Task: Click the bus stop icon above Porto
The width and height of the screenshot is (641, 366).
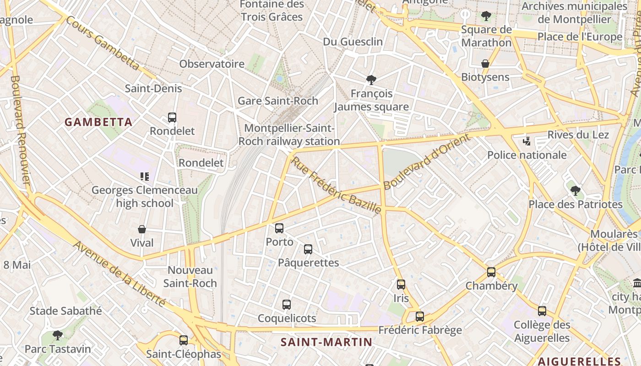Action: (x=279, y=228)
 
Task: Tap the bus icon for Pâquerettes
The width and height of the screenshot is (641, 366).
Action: (x=308, y=249)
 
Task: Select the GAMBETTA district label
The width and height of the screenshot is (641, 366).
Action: (x=98, y=122)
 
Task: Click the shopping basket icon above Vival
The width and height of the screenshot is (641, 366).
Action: (x=142, y=229)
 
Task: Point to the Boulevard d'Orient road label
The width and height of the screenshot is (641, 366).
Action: (x=427, y=161)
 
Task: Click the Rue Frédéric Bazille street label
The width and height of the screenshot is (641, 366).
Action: (x=336, y=185)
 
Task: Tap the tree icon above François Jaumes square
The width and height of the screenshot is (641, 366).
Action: (x=371, y=80)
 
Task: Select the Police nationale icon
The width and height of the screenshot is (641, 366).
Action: (x=527, y=141)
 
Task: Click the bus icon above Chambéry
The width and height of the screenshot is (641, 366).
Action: (x=491, y=272)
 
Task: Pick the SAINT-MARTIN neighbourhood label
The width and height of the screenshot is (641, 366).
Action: (x=326, y=342)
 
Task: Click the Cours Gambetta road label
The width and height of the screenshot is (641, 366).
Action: (x=102, y=43)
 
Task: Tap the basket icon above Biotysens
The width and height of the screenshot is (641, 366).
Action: (x=485, y=64)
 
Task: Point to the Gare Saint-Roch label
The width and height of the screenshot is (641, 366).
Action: (x=278, y=101)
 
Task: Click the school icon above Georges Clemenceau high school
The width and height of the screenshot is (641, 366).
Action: (x=145, y=177)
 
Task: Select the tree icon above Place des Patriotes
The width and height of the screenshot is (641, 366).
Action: (x=576, y=191)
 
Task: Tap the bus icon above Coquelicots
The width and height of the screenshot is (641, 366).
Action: (x=287, y=305)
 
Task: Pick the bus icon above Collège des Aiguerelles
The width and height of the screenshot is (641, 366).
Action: (x=542, y=312)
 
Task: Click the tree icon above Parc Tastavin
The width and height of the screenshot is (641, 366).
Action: (x=58, y=335)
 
